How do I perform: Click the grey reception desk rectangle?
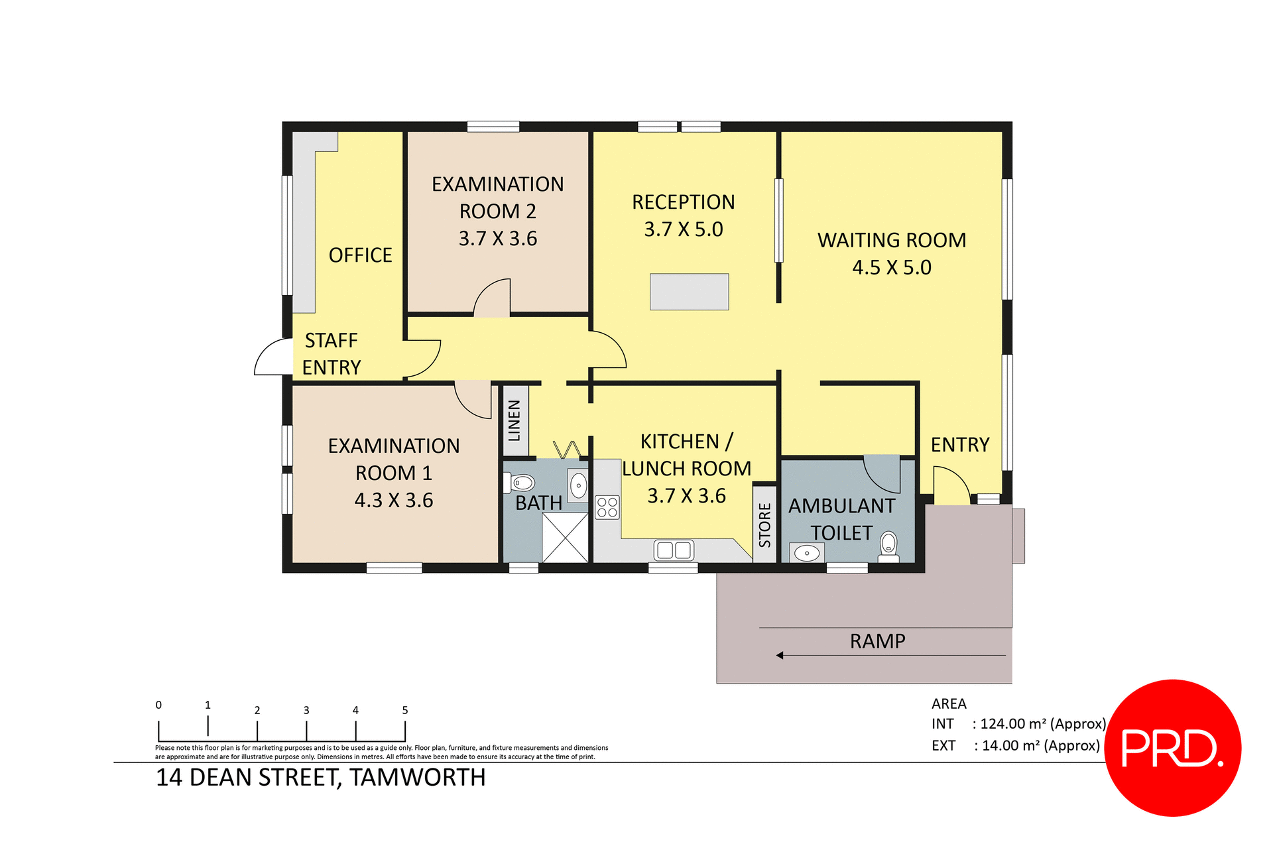(689, 292)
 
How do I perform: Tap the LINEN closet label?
(514, 420)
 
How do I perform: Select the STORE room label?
(764, 525)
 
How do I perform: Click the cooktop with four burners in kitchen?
(607, 507)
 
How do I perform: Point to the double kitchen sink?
(674, 550)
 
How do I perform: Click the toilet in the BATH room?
(521, 483)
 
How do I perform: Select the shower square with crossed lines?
(565, 538)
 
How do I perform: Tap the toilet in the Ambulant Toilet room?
(888, 545)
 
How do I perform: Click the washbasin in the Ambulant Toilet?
(807, 552)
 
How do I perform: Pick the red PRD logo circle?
(1172, 748)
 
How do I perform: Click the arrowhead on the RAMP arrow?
(780, 656)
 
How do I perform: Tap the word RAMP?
(877, 641)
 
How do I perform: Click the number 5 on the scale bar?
(405, 710)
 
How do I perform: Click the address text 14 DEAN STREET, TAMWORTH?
(320, 777)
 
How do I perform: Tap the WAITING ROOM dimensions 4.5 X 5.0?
(891, 268)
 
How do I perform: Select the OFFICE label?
(360, 255)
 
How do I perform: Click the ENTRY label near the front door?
(959, 445)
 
